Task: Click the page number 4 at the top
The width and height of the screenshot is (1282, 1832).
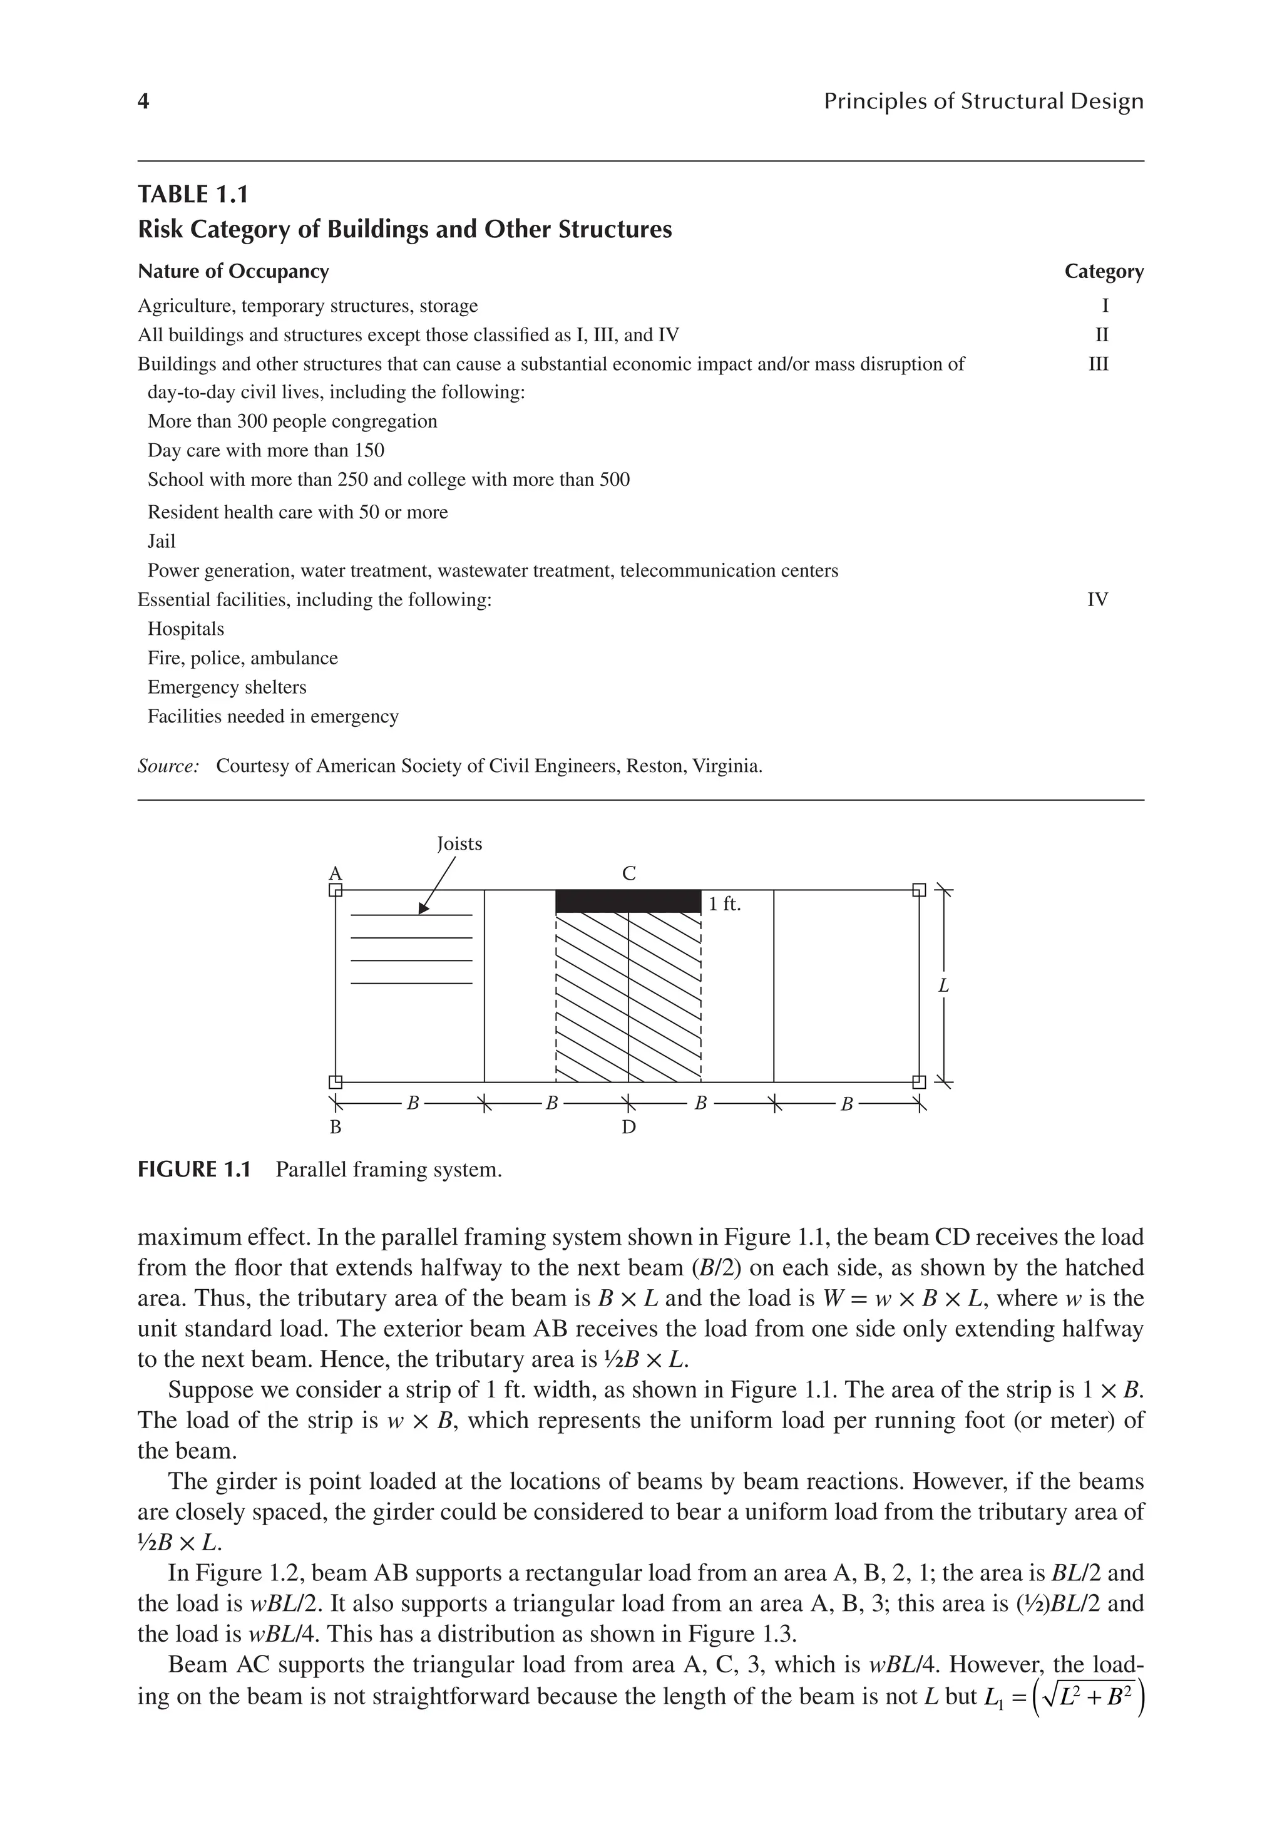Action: pos(143,101)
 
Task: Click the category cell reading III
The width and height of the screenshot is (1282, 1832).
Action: pos(1099,364)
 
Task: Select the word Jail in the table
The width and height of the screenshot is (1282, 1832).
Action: pos(161,541)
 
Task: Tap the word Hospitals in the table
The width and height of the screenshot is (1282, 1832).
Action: pos(186,629)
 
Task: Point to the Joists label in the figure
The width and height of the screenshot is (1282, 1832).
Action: pos(459,843)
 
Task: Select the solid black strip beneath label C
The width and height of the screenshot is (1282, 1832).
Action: pos(628,901)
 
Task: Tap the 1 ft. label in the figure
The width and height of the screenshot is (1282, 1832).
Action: pos(724,904)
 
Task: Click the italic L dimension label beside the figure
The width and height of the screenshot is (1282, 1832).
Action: pos(943,986)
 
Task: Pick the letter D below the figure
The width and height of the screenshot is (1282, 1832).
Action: pos(628,1128)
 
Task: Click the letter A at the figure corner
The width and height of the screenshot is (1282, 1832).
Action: pos(336,872)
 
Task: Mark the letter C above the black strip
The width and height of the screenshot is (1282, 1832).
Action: pos(628,873)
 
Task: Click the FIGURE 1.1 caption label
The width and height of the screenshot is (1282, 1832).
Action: pos(194,1170)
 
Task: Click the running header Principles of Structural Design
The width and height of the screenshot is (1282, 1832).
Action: pos(983,101)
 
